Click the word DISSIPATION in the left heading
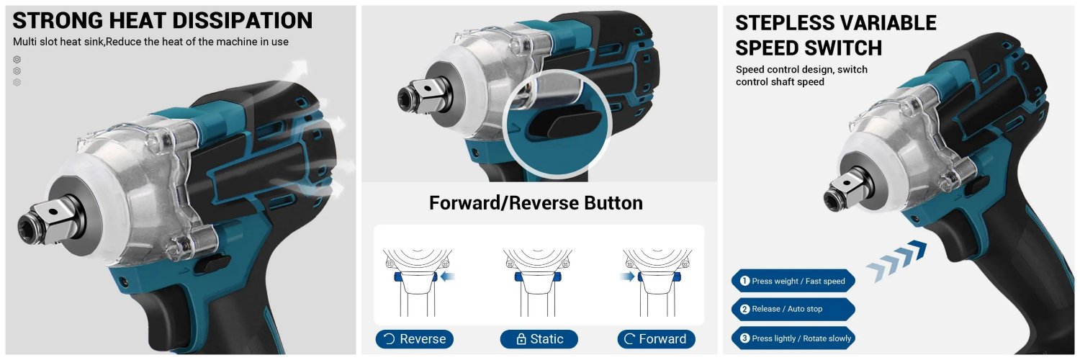(242, 21)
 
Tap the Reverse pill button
(414, 339)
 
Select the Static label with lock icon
(539, 339)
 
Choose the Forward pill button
(656, 339)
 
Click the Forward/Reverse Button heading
(536, 203)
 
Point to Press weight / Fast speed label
(793, 281)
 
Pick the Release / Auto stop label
(793, 309)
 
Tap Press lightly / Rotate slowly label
(793, 338)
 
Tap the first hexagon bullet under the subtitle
(17, 59)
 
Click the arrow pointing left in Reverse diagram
(448, 276)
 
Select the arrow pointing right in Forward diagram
(627, 276)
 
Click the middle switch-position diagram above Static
(538, 282)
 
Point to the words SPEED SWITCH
(809, 48)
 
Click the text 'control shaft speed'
(780, 82)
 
